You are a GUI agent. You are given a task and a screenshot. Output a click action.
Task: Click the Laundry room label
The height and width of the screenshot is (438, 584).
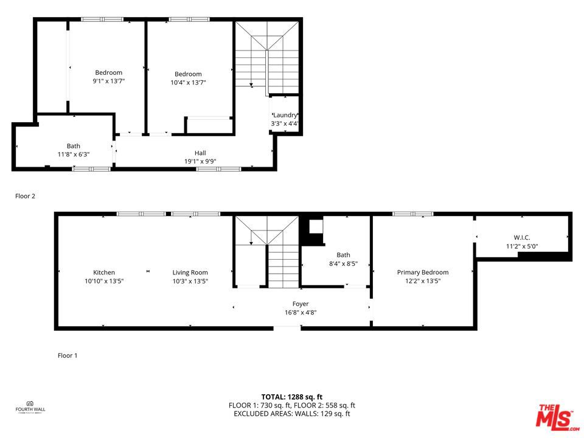tap(285, 115)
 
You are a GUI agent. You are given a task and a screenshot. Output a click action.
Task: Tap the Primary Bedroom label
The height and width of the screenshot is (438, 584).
tap(423, 273)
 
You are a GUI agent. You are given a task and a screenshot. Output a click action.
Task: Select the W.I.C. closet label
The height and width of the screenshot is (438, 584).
tap(522, 237)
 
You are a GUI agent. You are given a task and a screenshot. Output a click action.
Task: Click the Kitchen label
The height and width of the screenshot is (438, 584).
tap(104, 273)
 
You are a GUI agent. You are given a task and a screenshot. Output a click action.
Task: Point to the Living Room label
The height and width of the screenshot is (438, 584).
tap(190, 273)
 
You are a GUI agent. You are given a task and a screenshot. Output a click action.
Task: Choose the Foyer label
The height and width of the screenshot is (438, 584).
tap(301, 304)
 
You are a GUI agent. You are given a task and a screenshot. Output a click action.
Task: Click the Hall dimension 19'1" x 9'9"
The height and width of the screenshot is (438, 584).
tap(200, 161)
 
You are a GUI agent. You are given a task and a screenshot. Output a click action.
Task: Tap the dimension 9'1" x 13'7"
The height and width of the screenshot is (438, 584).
tap(108, 82)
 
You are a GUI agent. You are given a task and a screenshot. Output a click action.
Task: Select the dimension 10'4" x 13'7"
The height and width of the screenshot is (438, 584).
tap(188, 82)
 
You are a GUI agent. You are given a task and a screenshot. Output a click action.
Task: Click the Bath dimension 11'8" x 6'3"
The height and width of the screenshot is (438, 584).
tap(74, 155)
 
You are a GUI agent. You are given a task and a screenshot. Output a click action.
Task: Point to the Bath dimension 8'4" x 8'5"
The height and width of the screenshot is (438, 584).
tap(343, 264)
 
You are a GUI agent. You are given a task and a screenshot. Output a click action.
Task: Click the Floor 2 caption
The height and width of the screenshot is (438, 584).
tap(26, 196)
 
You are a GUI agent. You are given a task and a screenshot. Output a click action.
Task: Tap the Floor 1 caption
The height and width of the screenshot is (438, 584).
tap(68, 355)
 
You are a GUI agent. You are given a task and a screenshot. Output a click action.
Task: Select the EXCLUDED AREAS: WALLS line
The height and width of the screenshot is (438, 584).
tap(292, 414)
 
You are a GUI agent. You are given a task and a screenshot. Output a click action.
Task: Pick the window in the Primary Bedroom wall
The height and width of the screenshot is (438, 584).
tap(412, 214)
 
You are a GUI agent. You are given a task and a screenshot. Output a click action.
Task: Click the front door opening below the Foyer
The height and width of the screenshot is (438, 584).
tap(287, 328)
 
